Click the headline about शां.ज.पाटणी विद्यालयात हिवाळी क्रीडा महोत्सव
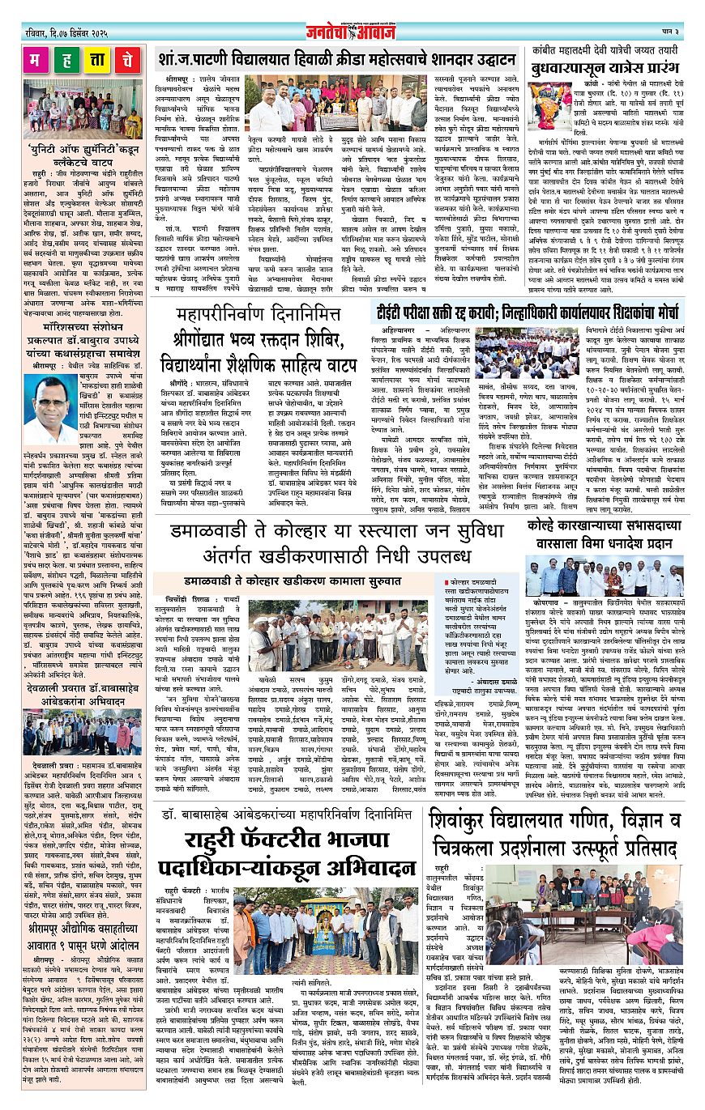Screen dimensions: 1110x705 pyautogui.click(x=336, y=59)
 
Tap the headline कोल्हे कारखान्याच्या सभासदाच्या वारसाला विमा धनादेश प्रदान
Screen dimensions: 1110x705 pyautogui.click(x=605, y=534)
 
